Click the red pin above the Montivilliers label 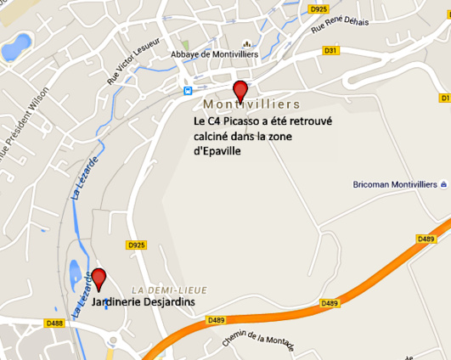click(x=240, y=90)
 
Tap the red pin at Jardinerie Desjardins click(x=99, y=278)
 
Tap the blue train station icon click(x=188, y=89)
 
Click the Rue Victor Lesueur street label click(x=123, y=64)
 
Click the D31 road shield click(x=331, y=50)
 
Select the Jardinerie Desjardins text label click(x=143, y=302)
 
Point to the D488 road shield click(x=54, y=323)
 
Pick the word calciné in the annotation click(x=214, y=137)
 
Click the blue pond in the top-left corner click(x=17, y=42)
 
